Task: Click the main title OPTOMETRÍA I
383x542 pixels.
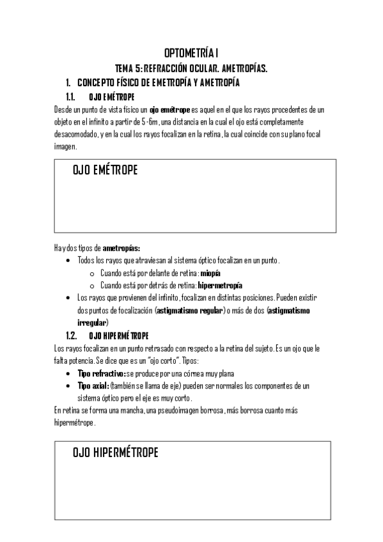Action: (x=191, y=53)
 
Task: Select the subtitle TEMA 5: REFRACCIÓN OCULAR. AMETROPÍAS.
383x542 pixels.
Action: (x=191, y=68)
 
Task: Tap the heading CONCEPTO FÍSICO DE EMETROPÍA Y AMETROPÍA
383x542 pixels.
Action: (x=159, y=82)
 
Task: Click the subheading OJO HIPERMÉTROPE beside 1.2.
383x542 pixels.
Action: (x=118, y=335)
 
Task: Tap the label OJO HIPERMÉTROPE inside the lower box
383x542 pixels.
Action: (x=116, y=453)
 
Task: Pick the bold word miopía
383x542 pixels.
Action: (x=210, y=273)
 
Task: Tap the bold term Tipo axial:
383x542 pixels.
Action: (x=93, y=385)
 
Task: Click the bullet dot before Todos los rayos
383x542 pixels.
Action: (x=69, y=261)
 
